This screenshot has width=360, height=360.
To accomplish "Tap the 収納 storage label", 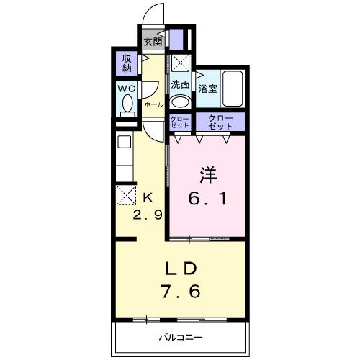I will coord(127,63).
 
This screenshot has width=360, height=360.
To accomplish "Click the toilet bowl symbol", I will coord(127,106).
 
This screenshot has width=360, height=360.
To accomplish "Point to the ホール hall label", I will coord(153,104).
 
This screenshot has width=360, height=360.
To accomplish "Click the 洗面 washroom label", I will coord(180,84).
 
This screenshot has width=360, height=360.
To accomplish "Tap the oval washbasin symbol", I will coord(180,101).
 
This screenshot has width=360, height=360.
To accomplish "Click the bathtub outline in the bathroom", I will coord(233,89).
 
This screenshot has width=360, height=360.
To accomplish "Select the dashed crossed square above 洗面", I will coord(180,63).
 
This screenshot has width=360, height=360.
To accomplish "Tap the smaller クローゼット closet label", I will coord(180,122).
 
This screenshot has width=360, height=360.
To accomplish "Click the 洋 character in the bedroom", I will coord(207,174).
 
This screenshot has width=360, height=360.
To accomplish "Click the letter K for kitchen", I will coord(148,197).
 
